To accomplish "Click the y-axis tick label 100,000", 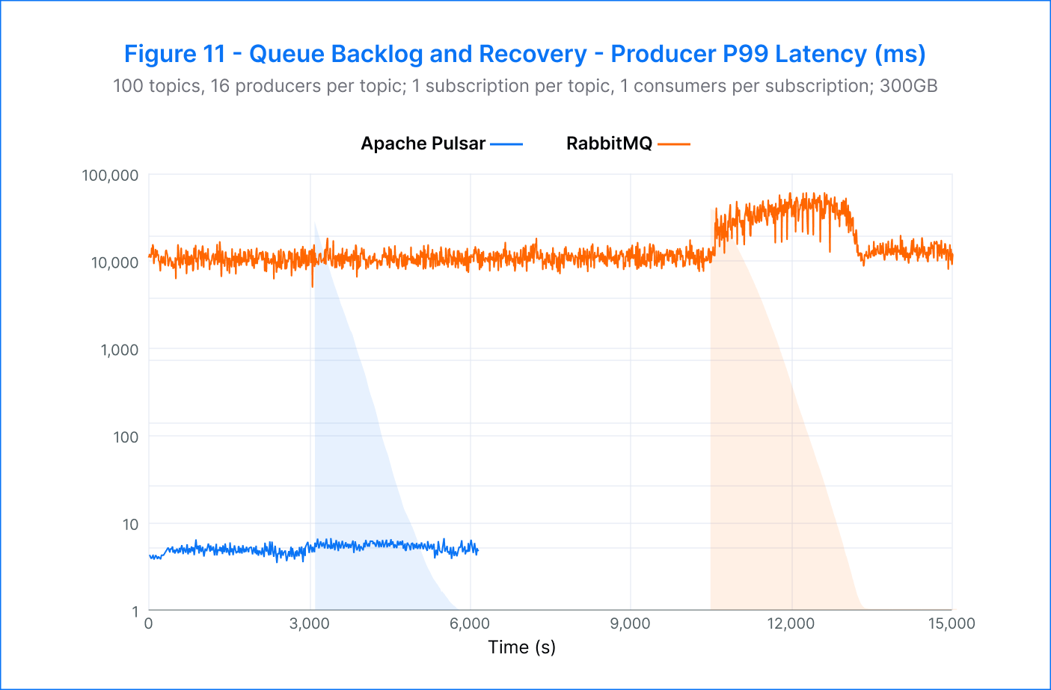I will [x=110, y=176].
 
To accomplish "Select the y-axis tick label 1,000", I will [x=120, y=350].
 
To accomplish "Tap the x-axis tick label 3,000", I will [x=309, y=623].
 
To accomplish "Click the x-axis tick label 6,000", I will [x=469, y=623].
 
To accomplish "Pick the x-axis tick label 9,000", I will [x=630, y=623].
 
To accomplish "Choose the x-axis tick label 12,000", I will [x=791, y=623].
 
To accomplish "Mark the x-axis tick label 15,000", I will [x=952, y=623].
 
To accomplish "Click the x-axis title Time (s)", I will [x=521, y=647].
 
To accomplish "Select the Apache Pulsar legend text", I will [x=423, y=144].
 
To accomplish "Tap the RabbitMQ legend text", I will [x=609, y=144].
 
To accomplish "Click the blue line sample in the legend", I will [x=506, y=144].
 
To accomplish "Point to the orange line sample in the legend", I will [x=674, y=144].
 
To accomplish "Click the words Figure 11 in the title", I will [x=174, y=54].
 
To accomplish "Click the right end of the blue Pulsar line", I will [x=478, y=551].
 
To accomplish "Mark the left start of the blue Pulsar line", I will [x=150, y=556].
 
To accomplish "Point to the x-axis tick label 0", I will [x=149, y=623].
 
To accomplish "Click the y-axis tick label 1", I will [x=135, y=612].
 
